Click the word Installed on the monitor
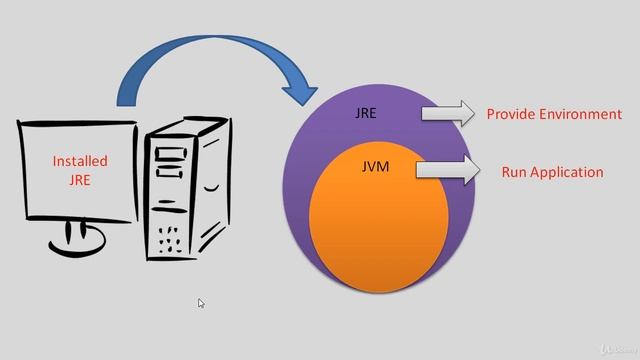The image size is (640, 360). click(x=80, y=161)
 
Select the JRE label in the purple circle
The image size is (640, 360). click(x=366, y=113)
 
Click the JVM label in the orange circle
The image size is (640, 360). click(x=375, y=167)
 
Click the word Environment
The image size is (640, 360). click(x=582, y=114)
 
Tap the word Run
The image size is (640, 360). click(x=514, y=172)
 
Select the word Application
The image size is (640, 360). click(x=567, y=172)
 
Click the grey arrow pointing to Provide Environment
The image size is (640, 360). click(x=449, y=113)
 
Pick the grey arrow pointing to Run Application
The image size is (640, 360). click(x=447, y=170)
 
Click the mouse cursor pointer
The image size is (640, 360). click(x=201, y=304)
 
